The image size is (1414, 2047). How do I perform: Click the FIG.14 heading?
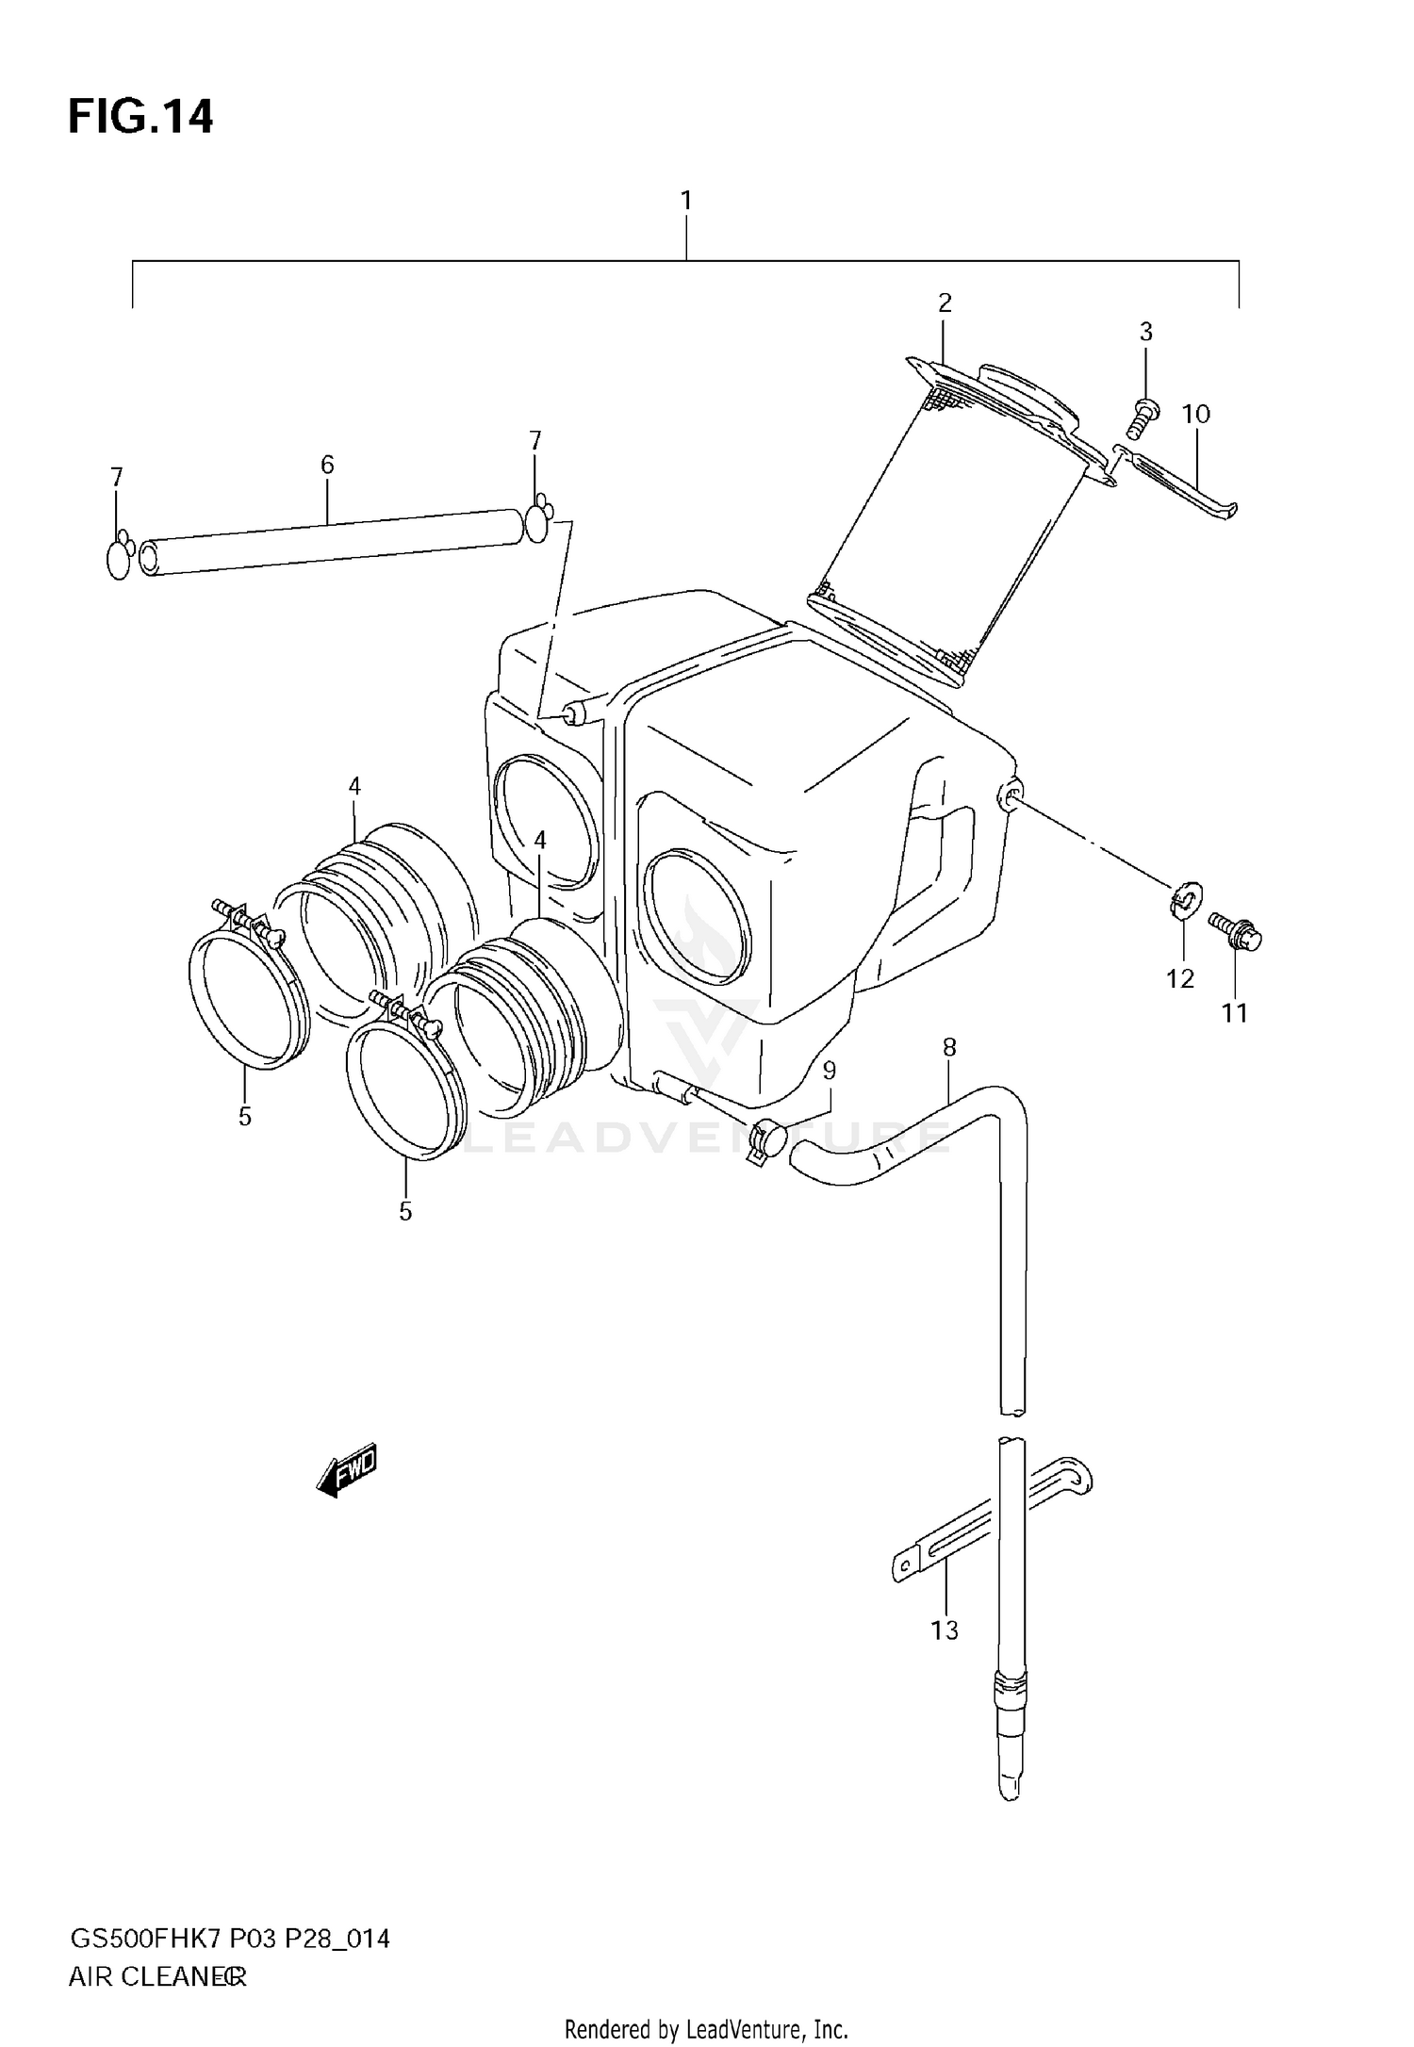coord(140,118)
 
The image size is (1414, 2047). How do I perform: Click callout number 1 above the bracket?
coord(686,201)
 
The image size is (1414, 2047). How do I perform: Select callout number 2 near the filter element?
coord(945,303)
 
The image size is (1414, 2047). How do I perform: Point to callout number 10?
coord(1195,414)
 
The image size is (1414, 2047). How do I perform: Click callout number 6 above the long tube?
coord(327,464)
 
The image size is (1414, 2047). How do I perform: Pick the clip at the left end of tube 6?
coord(119,558)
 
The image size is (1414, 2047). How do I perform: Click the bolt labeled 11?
coord(1236,933)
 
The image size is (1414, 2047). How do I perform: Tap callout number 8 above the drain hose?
coord(949,1047)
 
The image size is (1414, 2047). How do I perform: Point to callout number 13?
coord(945,1629)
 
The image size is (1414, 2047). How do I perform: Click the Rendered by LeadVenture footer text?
coord(706,2029)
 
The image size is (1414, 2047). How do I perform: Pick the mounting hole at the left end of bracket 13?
coord(906,1568)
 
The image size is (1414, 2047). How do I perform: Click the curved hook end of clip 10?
coord(1227,511)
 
